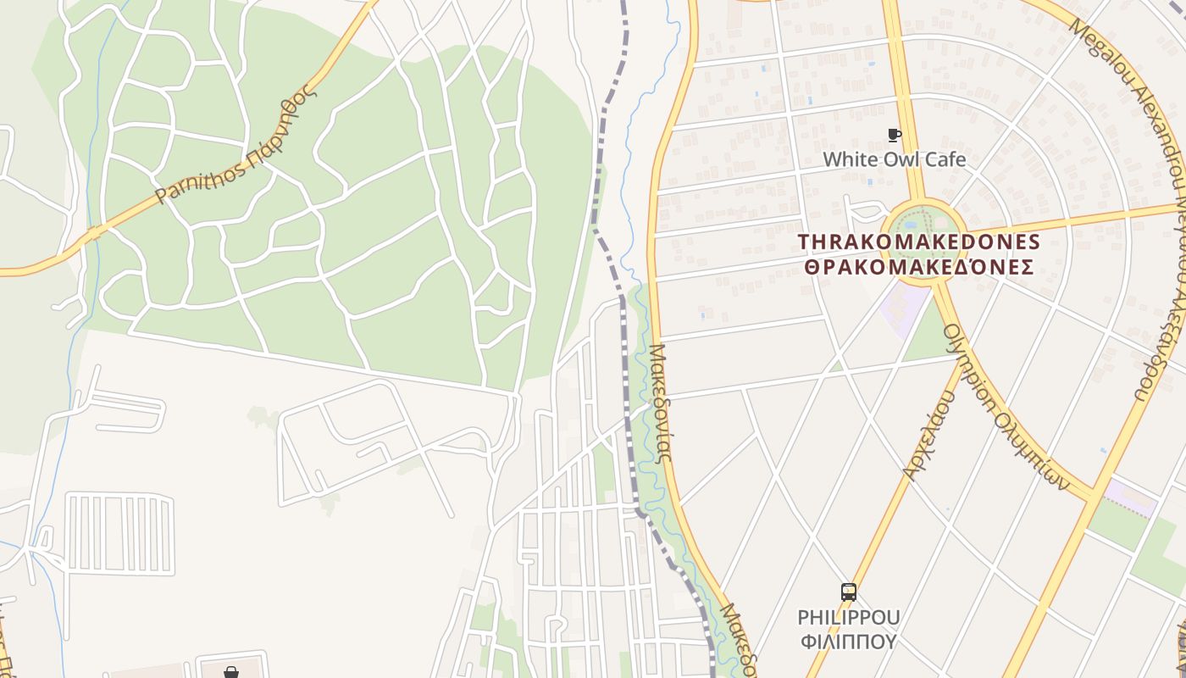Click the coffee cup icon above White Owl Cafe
(894, 135)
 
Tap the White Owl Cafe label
(894, 159)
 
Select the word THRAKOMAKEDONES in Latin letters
(919, 242)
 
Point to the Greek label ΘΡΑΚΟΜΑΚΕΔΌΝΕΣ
(919, 268)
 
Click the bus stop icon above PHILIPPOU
(848, 592)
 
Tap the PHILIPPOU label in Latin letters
(848, 617)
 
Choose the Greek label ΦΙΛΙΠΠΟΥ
(848, 641)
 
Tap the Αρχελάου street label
(929, 436)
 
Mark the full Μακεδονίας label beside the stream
(661, 402)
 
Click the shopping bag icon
(231, 672)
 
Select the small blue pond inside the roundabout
(911, 225)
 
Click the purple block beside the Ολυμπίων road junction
(1131, 497)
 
